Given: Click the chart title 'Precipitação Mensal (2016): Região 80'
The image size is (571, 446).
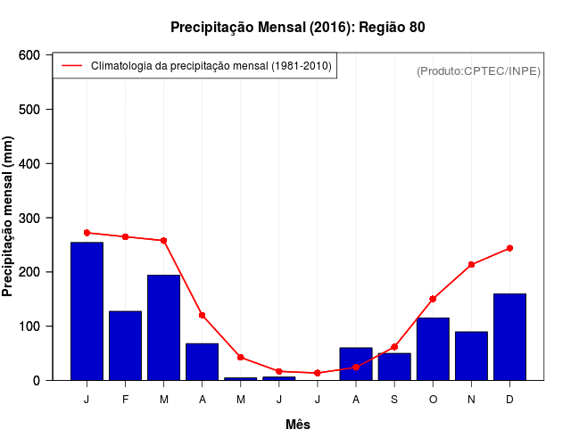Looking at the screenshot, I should (297, 28).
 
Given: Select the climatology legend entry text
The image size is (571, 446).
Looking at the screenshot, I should (211, 66).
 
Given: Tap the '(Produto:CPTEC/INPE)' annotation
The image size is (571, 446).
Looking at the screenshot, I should (479, 70).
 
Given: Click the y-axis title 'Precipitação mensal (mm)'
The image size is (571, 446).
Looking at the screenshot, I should (9, 217).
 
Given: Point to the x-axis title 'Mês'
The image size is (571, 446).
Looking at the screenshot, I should (298, 425).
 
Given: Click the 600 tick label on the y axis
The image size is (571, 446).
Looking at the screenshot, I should (30, 55).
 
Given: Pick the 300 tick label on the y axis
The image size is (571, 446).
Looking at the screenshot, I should (30, 218).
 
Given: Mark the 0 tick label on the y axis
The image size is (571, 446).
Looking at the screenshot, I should (37, 381).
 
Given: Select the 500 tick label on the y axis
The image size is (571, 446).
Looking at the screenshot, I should (30, 110).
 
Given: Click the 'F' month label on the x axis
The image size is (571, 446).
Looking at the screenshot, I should (125, 400).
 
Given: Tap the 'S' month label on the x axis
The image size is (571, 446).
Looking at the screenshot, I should (394, 400).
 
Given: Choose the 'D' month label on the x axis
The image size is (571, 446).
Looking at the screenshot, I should (509, 400).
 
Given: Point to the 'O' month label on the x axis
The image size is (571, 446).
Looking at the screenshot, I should (433, 400).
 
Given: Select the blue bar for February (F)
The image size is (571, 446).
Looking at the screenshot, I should (125, 345).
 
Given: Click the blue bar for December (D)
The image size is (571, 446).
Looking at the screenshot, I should (509, 336).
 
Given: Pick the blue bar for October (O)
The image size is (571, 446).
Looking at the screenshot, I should (433, 349).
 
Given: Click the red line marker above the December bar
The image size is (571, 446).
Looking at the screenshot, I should (509, 248).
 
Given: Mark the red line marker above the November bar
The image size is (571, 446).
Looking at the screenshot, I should (471, 265).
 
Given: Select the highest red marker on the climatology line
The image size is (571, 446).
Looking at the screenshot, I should (87, 233).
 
